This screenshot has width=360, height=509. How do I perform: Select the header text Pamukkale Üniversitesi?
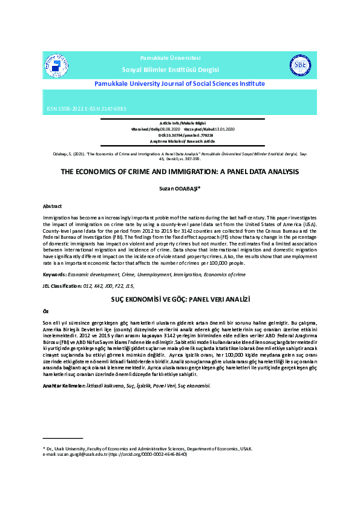pyautogui.click(x=171, y=57)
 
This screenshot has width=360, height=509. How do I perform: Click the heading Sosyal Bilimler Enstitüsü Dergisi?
pyautogui.click(x=171, y=70)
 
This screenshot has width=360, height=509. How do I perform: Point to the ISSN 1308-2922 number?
pyautogui.click(x=68, y=109)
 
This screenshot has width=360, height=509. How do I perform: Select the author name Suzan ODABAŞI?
pyautogui.click(x=180, y=189)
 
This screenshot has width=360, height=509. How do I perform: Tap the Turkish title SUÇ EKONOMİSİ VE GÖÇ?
pyautogui.click(x=180, y=299)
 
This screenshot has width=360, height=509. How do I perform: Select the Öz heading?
pyautogui.click(x=45, y=310)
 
